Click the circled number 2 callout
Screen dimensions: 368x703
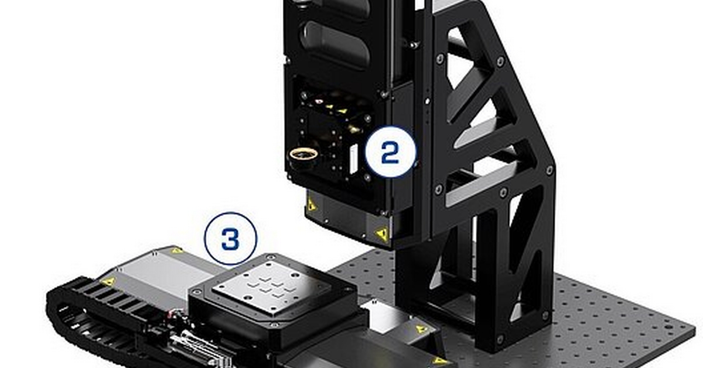click(390, 152)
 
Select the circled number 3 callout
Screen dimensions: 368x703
click(230, 238)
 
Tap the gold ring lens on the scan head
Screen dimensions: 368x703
click(303, 154)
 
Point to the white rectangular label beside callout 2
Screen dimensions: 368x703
click(353, 159)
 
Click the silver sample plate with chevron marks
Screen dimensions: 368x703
click(271, 285)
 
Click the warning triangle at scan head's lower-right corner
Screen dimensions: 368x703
click(382, 234)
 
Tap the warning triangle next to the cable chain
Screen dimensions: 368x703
click(108, 281)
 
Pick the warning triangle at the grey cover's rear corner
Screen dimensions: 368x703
click(176, 250)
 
